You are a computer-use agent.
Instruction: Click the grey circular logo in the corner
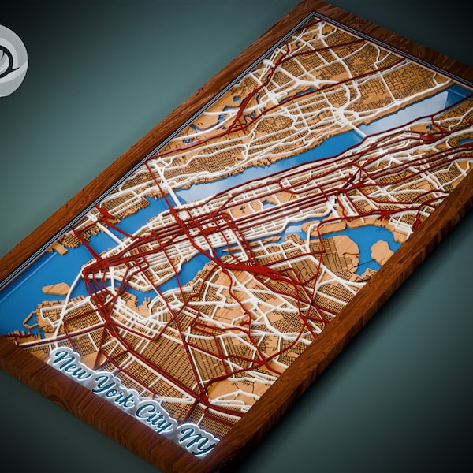point(10,61)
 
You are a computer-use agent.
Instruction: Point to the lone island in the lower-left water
point(55,289)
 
